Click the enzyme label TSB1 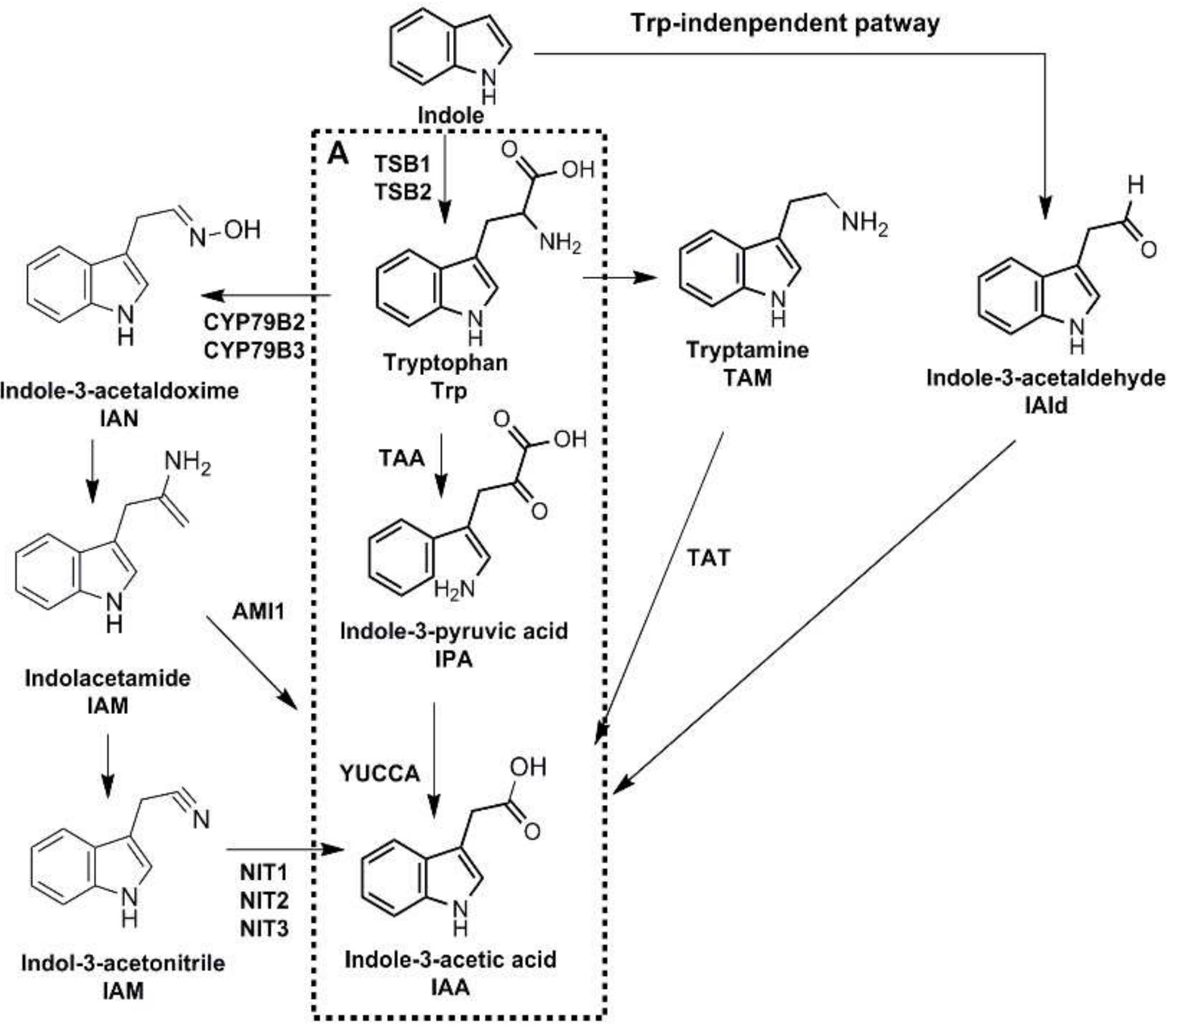(x=402, y=164)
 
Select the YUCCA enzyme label (x=380, y=773)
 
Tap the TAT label (x=708, y=558)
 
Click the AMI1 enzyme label (x=258, y=611)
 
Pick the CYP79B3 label (x=254, y=351)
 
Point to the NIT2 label (x=264, y=901)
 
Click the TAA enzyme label (x=401, y=458)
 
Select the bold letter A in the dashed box (x=338, y=155)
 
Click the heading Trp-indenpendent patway (x=785, y=24)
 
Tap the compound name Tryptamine (x=747, y=350)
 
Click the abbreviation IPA (x=453, y=659)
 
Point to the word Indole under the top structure (x=451, y=115)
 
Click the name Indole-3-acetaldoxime (x=120, y=390)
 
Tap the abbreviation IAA (x=450, y=988)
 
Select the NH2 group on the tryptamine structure (x=864, y=223)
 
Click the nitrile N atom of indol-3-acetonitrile (x=201, y=820)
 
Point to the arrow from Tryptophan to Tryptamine (x=619, y=278)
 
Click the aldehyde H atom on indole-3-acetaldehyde (x=1135, y=185)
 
